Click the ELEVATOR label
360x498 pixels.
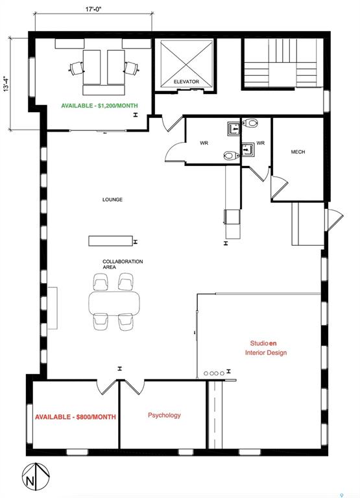[186, 82]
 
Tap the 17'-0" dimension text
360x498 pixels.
[93, 9]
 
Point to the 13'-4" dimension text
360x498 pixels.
[6, 84]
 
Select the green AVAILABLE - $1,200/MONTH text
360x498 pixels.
[99, 106]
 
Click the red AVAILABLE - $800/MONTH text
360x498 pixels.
[75, 417]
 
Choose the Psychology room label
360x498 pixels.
[164, 416]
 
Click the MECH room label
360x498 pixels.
[298, 152]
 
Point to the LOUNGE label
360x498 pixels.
[112, 200]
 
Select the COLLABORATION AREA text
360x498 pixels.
[123, 265]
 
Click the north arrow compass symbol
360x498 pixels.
[36, 477]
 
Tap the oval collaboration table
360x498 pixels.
[114, 303]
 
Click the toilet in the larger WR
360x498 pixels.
[232, 156]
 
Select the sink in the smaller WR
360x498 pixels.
[248, 149]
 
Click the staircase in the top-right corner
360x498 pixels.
[283, 64]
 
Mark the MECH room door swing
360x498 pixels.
[279, 187]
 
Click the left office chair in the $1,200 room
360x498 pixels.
[77, 68]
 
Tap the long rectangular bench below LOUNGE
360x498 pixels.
[110, 241]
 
